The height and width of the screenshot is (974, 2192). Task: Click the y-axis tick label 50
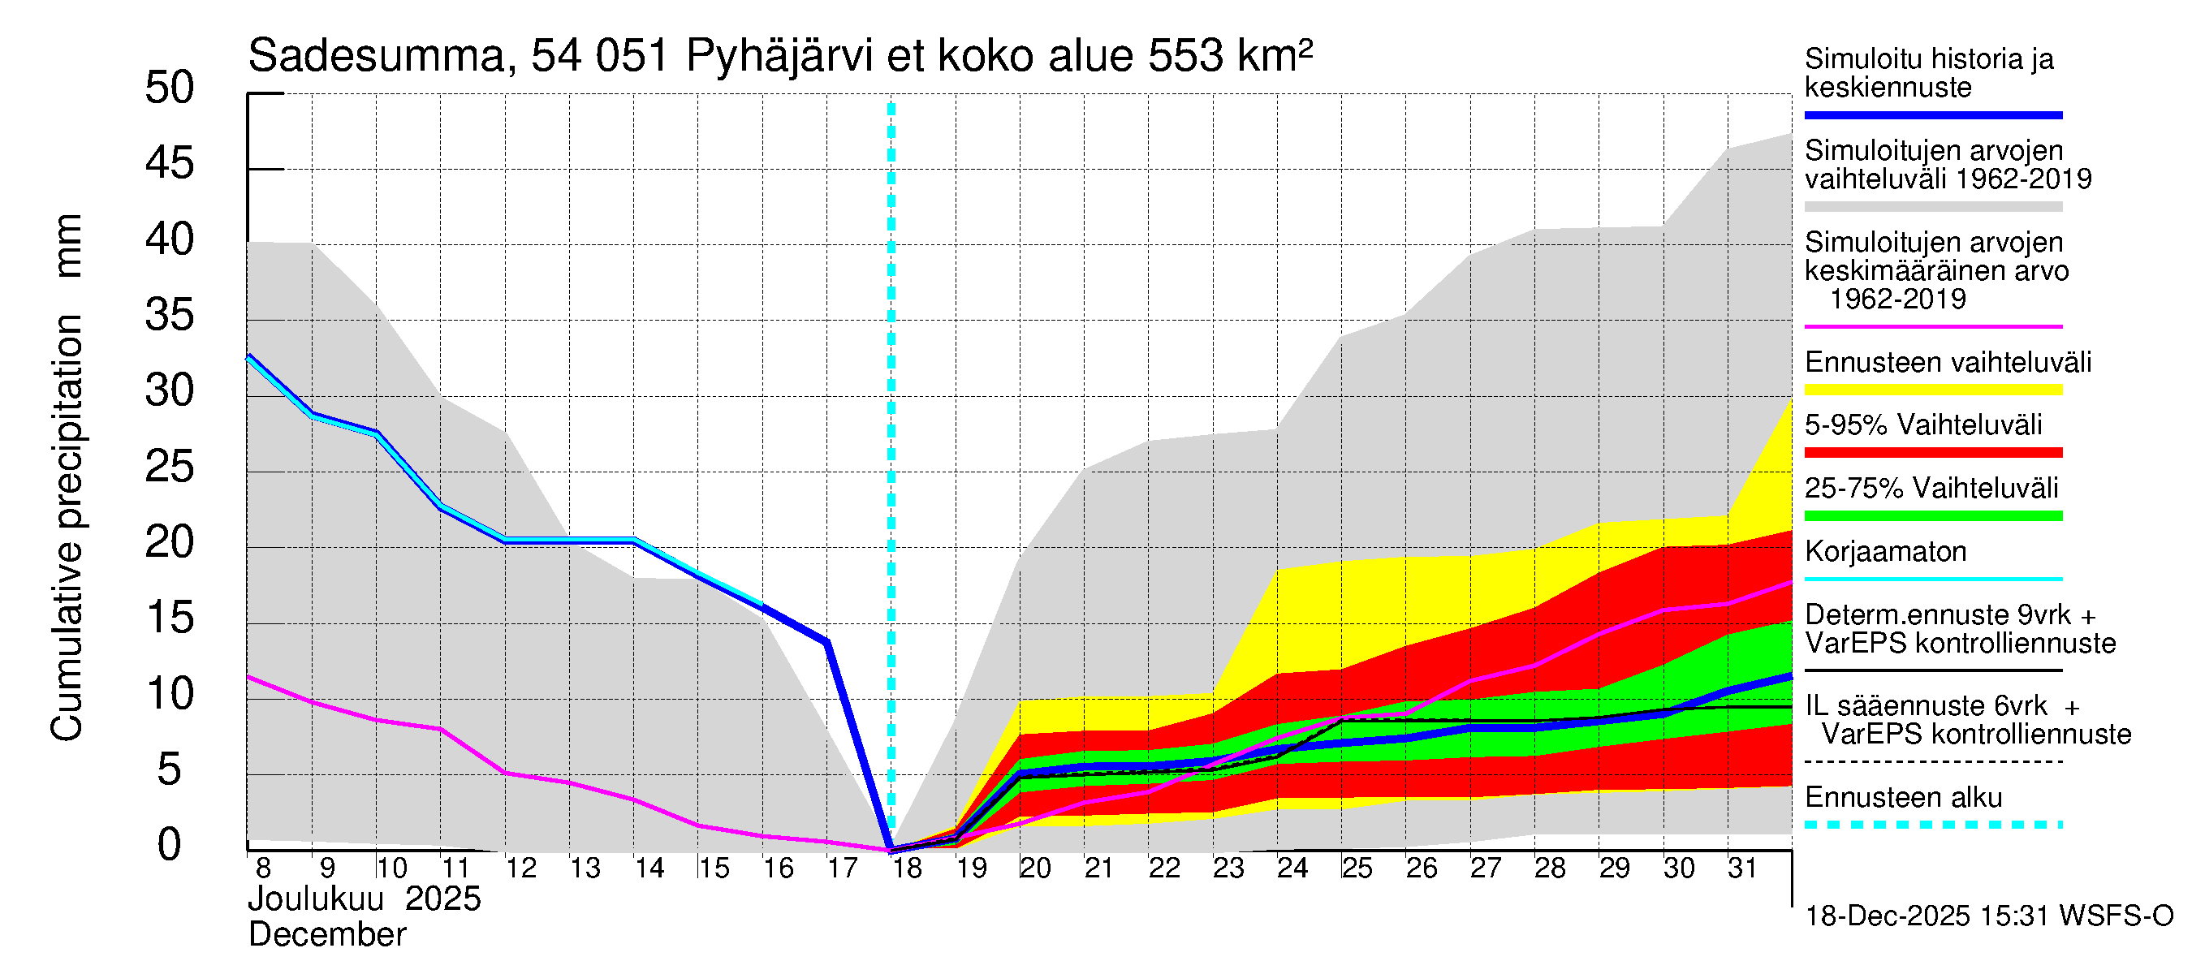[170, 88]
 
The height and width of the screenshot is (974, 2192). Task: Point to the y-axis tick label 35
[170, 316]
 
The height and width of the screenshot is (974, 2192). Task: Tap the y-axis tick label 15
[170, 618]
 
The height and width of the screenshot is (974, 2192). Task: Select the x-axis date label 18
[906, 868]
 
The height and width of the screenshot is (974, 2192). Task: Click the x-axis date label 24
[1292, 868]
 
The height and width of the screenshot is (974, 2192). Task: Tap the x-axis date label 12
[520, 868]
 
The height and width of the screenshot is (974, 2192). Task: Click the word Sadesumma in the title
[376, 57]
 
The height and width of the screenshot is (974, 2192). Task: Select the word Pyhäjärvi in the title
[779, 57]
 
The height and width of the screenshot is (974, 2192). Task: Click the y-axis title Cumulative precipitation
[67, 528]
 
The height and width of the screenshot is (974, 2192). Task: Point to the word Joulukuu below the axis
[316, 899]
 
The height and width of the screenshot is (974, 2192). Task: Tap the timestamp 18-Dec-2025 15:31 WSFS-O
[1988, 916]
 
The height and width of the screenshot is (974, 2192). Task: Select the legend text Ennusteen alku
[1903, 798]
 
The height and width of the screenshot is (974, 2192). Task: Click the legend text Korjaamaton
[1885, 552]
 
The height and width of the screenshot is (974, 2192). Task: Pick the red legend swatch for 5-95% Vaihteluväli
[1932, 453]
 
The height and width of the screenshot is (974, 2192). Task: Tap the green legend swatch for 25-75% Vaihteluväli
[1932, 516]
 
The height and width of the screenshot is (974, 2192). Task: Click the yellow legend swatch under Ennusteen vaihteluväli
[1932, 390]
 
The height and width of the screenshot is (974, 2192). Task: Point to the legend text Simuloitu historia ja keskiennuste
[1928, 73]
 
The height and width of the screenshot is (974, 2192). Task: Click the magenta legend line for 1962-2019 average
[1932, 326]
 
